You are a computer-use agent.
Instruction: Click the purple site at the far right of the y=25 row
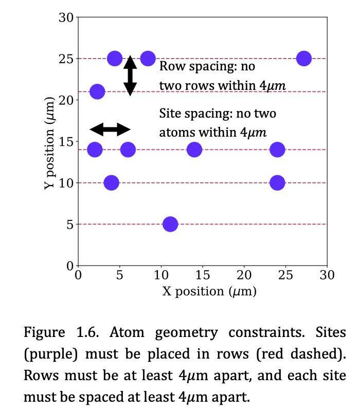click(x=304, y=59)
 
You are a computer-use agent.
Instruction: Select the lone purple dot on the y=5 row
click(x=170, y=224)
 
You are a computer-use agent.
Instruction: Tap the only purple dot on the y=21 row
click(x=97, y=92)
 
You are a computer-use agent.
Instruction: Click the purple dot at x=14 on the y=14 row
click(x=194, y=149)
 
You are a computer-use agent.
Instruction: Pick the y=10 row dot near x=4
click(x=111, y=182)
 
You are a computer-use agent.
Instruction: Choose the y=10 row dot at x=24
click(x=277, y=182)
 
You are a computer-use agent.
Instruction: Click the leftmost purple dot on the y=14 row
click(x=95, y=149)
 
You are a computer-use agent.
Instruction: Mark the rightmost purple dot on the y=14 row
click(x=277, y=149)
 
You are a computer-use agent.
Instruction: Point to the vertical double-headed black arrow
click(x=130, y=76)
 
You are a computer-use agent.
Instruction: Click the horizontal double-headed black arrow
click(x=110, y=129)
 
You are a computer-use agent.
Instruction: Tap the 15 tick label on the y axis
click(x=66, y=142)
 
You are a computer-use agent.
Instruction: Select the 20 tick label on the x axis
click(x=244, y=275)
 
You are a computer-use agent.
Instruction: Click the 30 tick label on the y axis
click(x=66, y=17)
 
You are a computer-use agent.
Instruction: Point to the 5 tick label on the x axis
click(x=120, y=275)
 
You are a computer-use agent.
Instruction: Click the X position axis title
click(x=209, y=291)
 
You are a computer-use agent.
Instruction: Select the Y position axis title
click(x=49, y=143)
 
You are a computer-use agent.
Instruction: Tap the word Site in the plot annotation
click(x=170, y=113)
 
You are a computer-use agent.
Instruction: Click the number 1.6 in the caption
click(x=87, y=332)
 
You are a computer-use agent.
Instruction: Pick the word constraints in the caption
click(x=266, y=332)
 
